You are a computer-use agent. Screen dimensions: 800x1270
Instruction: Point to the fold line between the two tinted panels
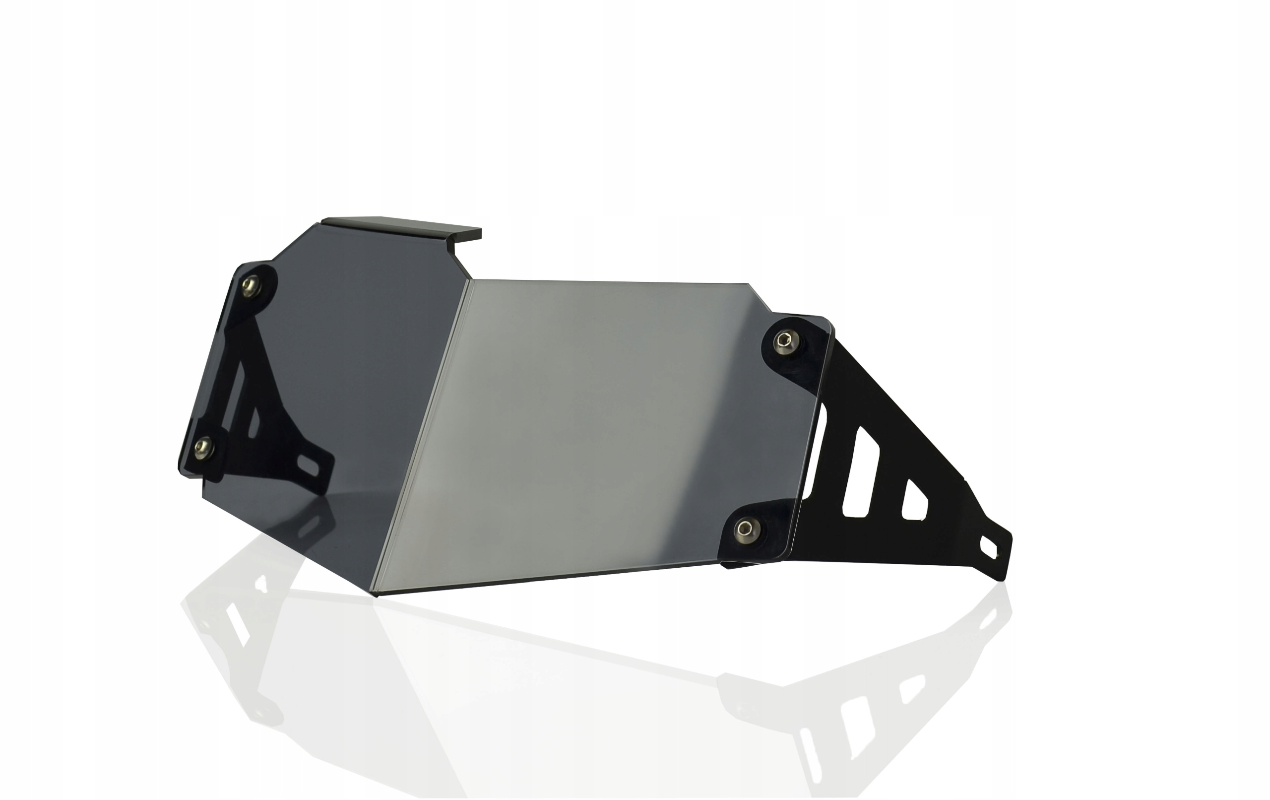[x=427, y=433]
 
